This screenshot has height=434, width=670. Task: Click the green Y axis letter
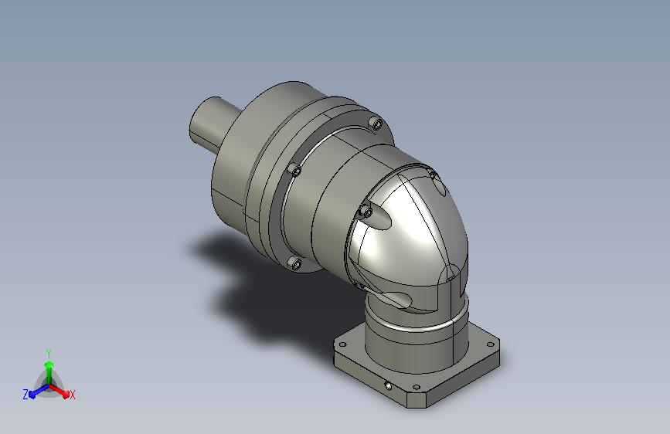pos(49,353)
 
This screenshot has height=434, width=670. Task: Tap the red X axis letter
pos(72,395)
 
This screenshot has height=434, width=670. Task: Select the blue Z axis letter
pos(26,395)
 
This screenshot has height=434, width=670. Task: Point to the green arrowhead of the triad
pos(49,365)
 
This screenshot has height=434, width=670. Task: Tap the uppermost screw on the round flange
pos(376,123)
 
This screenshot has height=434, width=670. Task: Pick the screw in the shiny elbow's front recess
pos(366,211)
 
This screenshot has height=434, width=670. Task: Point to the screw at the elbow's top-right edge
pos(433,175)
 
